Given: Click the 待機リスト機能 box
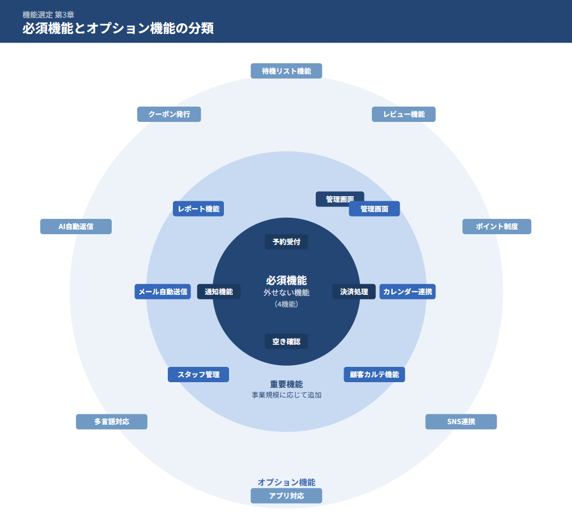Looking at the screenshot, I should pyautogui.click(x=286, y=71).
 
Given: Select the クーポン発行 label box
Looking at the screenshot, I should pyautogui.click(x=169, y=114).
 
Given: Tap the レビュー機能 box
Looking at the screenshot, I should pyautogui.click(x=404, y=114).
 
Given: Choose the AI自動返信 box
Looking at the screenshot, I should pyautogui.click(x=76, y=227).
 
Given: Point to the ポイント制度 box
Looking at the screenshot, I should pyautogui.click(x=497, y=227).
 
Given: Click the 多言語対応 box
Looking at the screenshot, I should pyautogui.click(x=112, y=422).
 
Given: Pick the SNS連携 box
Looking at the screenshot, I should pyautogui.click(x=461, y=422).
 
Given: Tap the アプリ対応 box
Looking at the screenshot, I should pyautogui.click(x=286, y=496).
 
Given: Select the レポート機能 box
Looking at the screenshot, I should pyautogui.click(x=198, y=209).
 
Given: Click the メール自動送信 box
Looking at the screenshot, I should pyautogui.click(x=163, y=292).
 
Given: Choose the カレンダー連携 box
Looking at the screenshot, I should pyautogui.click(x=408, y=292).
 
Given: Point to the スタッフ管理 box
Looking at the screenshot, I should pyautogui.click(x=198, y=375).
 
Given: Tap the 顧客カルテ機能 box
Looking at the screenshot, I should pyautogui.click(x=374, y=375).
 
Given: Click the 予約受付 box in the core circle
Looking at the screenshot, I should pyautogui.click(x=286, y=242).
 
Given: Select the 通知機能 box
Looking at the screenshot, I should pyautogui.click(x=219, y=292).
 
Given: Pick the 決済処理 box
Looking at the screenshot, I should pyautogui.click(x=354, y=292).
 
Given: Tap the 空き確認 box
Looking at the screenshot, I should pyautogui.click(x=286, y=341).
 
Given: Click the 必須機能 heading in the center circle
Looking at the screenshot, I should pyautogui.click(x=286, y=280).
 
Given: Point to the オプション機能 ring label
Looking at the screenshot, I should pyautogui.click(x=286, y=482).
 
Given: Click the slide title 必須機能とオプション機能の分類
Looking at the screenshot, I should pyautogui.click(x=118, y=28).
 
